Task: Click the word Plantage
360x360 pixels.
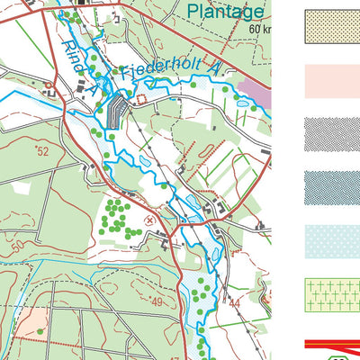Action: point(227,12)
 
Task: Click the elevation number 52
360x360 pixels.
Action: point(42,151)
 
